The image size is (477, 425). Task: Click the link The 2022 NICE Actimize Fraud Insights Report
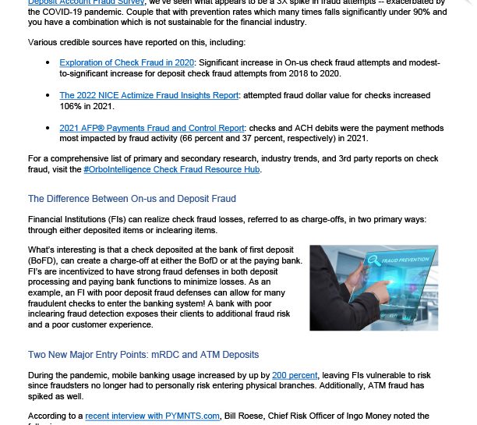(x=149, y=95)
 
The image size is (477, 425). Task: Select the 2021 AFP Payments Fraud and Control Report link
(x=151, y=128)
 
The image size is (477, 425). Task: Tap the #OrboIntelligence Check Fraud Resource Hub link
(x=171, y=169)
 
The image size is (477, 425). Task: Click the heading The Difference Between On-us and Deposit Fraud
(x=132, y=199)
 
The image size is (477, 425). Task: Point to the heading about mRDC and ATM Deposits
(x=143, y=355)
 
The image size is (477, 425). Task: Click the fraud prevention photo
(x=373, y=287)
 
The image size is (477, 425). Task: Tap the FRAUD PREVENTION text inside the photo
(x=405, y=260)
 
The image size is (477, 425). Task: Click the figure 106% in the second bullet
(x=72, y=105)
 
